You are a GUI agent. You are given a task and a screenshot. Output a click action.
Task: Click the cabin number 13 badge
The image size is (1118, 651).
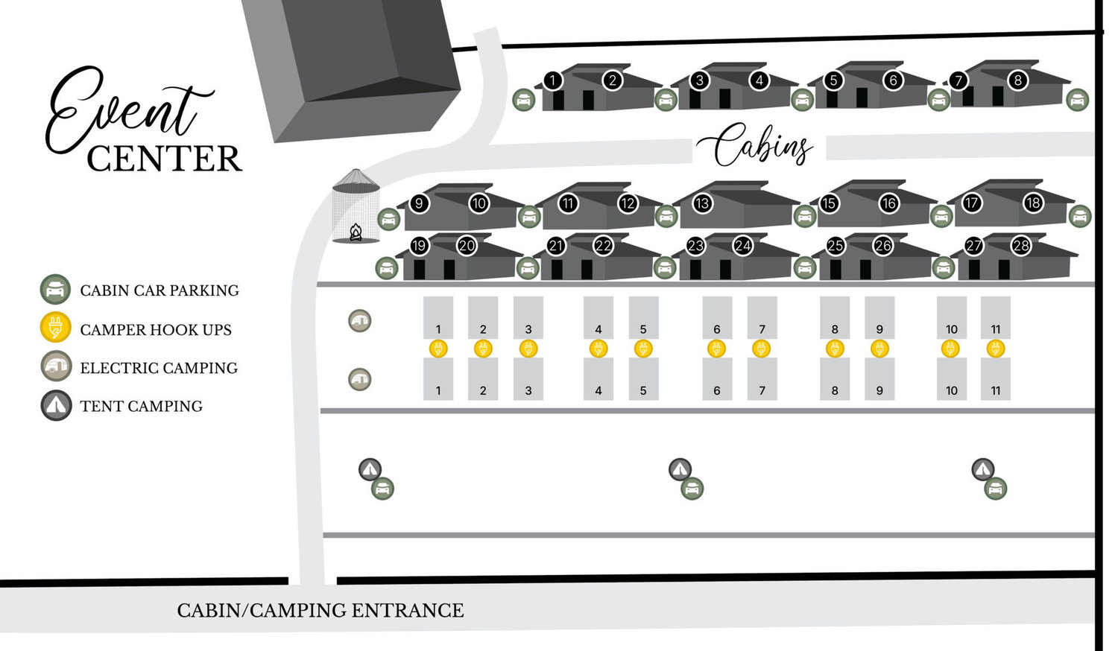click(x=702, y=203)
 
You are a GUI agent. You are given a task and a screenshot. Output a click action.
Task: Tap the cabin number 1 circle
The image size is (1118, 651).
click(x=552, y=80)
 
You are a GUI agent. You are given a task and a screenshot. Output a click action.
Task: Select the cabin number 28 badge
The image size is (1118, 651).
click(x=1020, y=246)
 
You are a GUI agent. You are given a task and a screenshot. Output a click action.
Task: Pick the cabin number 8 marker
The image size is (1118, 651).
click(x=1017, y=80)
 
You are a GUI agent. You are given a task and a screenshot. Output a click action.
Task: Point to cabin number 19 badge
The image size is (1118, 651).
click(x=419, y=246)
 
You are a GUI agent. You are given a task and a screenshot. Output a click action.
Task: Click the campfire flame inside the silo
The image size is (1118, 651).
click(x=356, y=232)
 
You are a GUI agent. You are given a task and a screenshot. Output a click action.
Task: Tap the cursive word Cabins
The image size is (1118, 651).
click(x=754, y=145)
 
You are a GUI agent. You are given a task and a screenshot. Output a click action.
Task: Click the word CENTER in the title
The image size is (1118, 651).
click(x=164, y=159)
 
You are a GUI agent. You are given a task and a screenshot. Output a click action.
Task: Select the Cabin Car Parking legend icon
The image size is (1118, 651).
click(x=55, y=289)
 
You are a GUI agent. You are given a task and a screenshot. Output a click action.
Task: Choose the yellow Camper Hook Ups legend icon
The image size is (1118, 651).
click(x=55, y=327)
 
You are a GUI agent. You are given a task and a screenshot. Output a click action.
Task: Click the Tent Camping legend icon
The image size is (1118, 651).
click(x=56, y=405)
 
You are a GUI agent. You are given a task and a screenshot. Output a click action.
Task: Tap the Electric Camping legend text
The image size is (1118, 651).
click(x=159, y=368)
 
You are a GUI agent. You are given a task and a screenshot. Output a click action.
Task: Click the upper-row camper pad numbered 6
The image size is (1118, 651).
click(x=717, y=318)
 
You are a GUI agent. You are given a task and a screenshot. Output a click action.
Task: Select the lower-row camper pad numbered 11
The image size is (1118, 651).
click(x=996, y=379)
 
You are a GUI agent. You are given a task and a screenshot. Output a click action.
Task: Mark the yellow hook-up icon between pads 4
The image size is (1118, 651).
click(x=599, y=348)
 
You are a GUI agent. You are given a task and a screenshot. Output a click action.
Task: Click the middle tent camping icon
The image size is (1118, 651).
click(x=680, y=469)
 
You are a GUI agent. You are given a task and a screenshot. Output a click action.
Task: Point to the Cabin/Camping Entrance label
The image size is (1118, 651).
click(x=320, y=611)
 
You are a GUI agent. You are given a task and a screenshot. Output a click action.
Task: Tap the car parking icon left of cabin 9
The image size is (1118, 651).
click(x=389, y=220)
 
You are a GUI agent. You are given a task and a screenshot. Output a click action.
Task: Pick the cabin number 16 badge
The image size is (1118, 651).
click(x=889, y=203)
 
